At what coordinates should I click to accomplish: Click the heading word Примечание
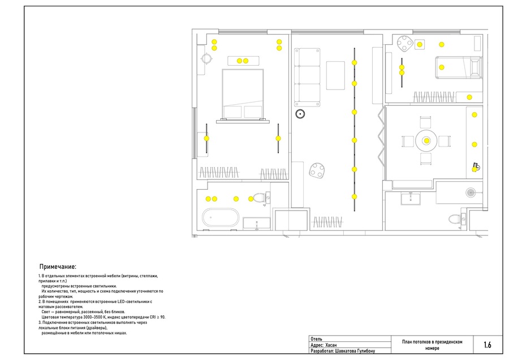58,267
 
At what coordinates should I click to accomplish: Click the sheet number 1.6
488,345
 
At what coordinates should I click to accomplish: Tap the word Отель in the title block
317,339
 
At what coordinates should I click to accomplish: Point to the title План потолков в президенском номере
432,345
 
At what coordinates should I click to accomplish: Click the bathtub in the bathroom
221,217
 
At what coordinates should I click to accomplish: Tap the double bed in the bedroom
243,94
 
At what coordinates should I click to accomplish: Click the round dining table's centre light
426,141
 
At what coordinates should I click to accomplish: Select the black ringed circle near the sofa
300,114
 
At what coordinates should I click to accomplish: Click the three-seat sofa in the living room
307,78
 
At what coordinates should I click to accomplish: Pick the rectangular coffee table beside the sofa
335,75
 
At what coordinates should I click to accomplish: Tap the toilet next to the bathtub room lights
259,198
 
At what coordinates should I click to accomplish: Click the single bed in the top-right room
458,67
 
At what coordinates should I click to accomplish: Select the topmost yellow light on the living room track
354,63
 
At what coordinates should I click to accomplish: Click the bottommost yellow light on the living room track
354,196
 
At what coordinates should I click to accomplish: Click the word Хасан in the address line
331,345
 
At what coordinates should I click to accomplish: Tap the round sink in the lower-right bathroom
471,192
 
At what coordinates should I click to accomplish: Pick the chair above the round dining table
425,122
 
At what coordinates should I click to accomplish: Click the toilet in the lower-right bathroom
455,218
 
